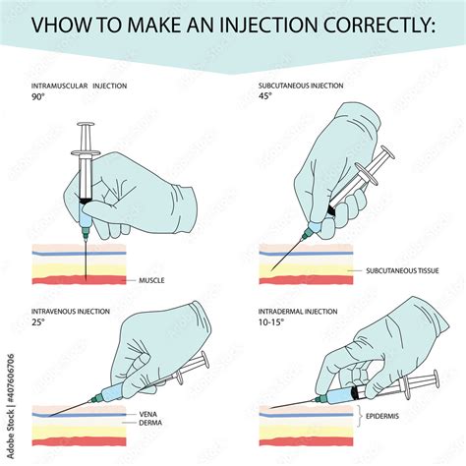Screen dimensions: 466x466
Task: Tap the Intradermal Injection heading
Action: tap(301, 312)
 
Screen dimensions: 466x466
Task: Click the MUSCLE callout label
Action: tap(150, 280)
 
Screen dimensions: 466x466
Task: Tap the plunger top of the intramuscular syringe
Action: tap(87, 126)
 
